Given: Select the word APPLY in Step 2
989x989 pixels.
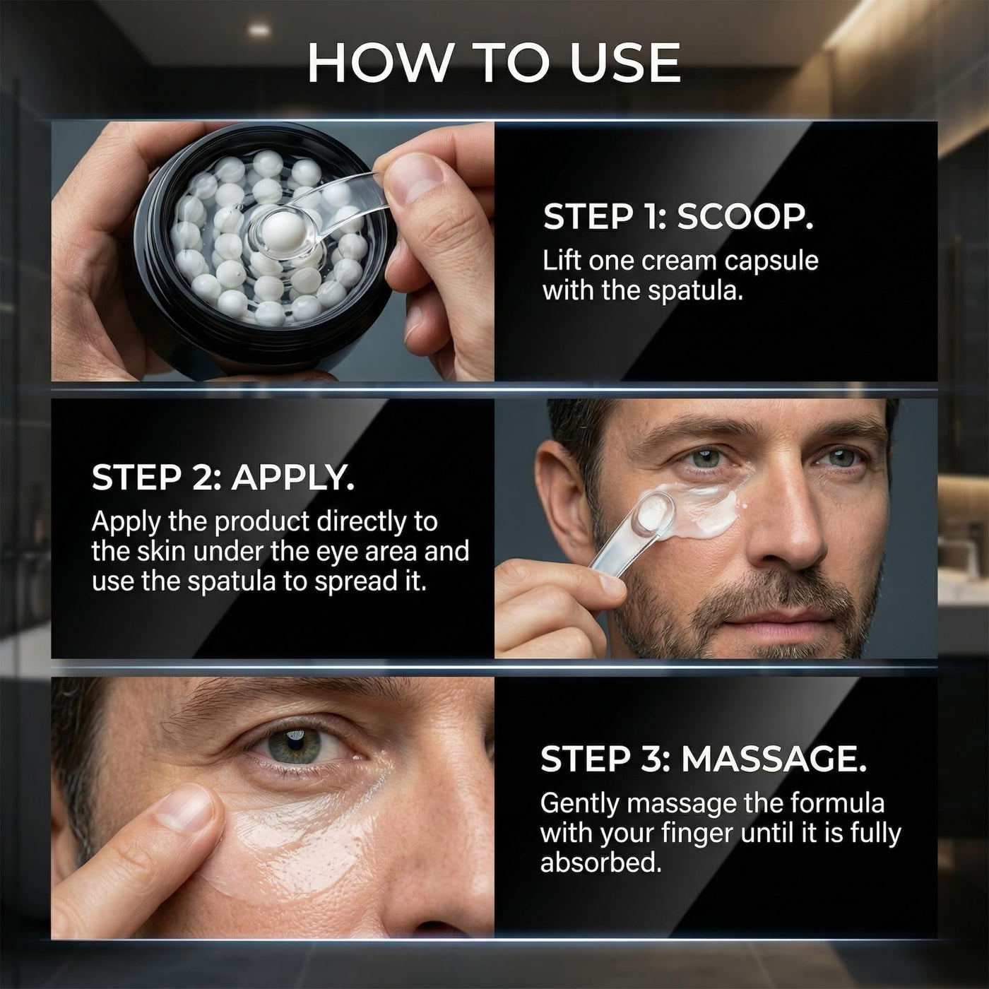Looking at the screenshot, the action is click(x=292, y=478).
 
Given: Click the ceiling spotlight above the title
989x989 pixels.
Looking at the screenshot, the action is click(x=259, y=30).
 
